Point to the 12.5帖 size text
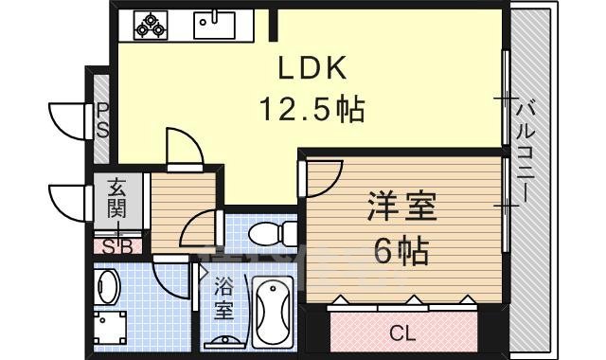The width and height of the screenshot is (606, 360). point(313,111)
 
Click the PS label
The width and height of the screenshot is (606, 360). point(101,120)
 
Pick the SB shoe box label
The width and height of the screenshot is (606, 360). point(117,247)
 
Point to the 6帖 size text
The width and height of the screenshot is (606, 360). point(398,250)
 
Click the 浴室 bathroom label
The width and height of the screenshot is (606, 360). point(223,297)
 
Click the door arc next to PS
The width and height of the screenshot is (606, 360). point(69,119)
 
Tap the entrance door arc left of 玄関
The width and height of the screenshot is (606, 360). point(68,200)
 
